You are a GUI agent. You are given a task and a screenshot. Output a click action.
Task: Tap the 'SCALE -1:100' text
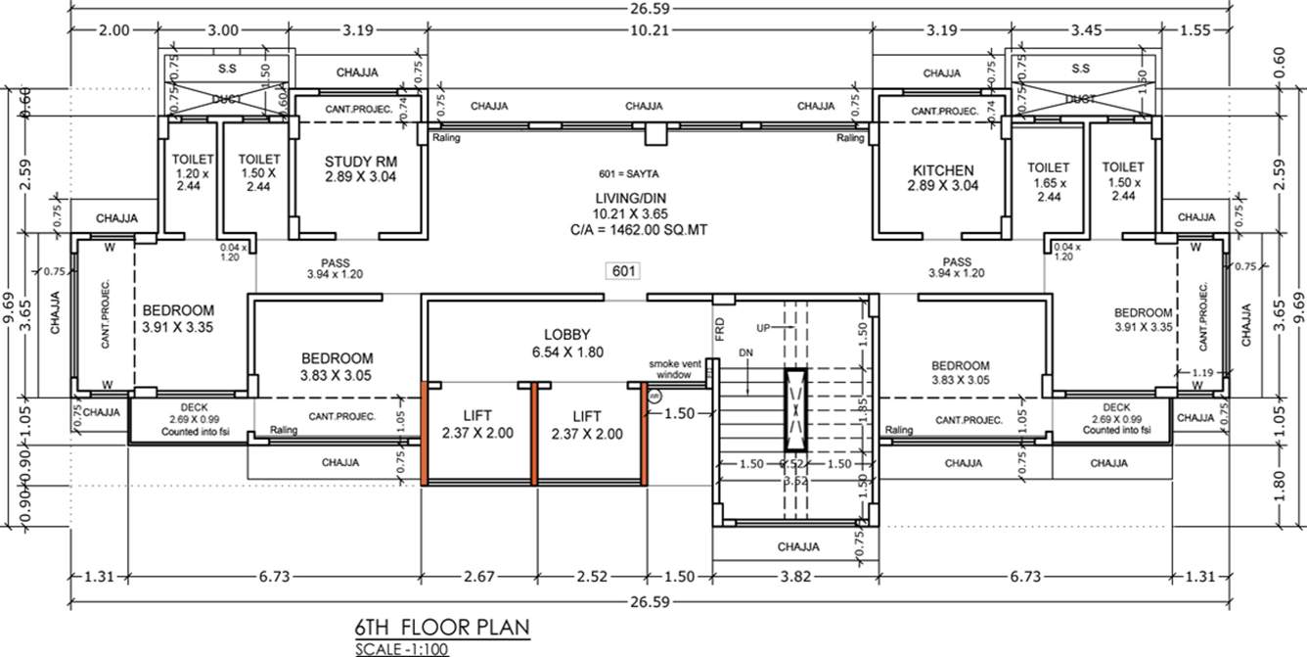pos(402,648)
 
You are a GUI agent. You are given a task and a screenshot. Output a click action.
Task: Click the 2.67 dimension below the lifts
pos(478,577)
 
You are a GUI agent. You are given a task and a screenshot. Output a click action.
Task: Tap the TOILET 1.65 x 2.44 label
pos(1049,182)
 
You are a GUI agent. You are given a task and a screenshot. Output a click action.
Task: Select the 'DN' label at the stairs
pos(745,352)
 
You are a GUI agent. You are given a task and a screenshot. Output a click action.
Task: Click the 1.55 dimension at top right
pos(1194,30)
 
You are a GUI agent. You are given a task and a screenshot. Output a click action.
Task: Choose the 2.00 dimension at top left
pos(114,30)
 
